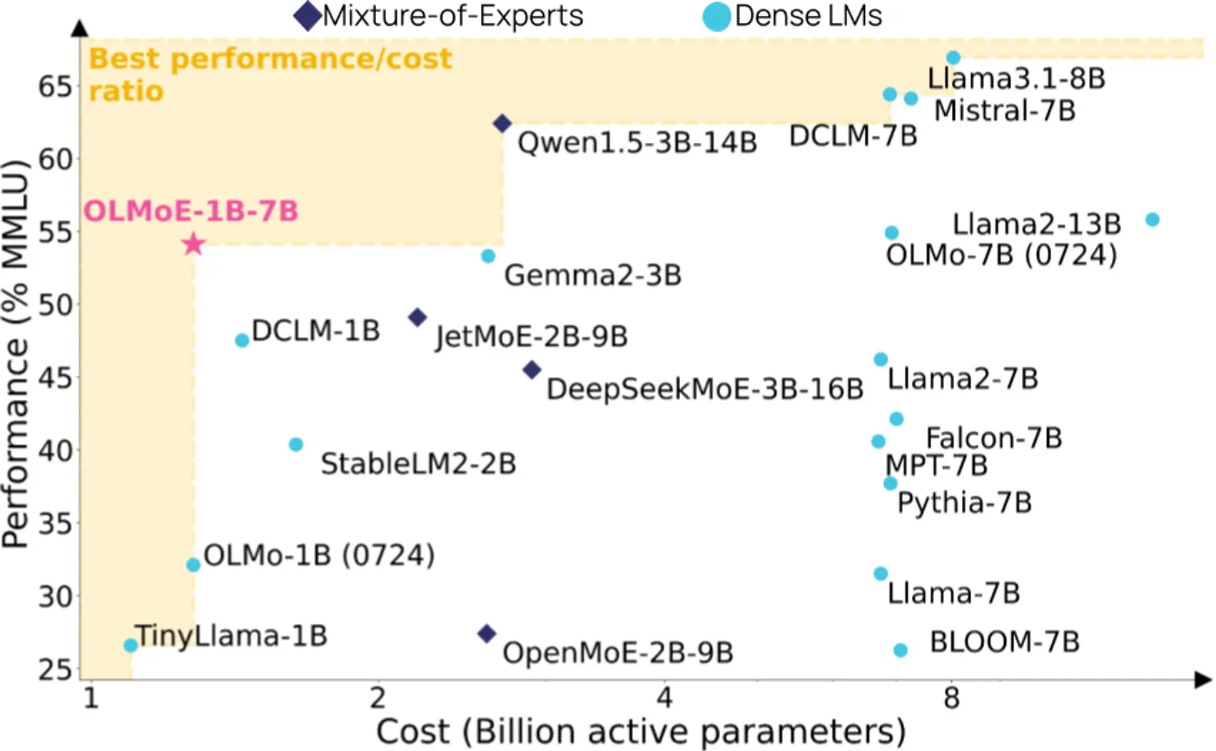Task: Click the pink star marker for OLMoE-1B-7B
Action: pos(193,244)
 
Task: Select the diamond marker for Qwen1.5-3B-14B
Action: pos(502,124)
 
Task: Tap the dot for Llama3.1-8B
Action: pos(953,58)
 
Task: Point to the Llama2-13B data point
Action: pos(1152,220)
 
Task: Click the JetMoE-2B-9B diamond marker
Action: pos(417,317)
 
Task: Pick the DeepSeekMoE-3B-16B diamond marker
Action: pos(532,370)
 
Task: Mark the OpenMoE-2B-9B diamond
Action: pos(487,633)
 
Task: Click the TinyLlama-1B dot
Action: pos(131,645)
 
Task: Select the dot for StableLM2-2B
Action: pos(296,445)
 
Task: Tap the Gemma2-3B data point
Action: pos(488,256)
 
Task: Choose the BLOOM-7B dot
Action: pos(901,650)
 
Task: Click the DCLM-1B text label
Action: pos(315,331)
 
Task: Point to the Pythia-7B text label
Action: pos(964,503)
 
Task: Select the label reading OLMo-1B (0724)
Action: pos(319,555)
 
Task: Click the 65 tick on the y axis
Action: pos(56,87)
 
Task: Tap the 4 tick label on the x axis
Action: pos(664,698)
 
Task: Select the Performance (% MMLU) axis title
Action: pos(16,353)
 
